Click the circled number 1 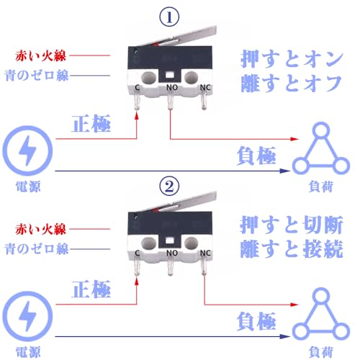169,17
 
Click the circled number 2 169,186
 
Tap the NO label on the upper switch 172,87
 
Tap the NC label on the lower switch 205,253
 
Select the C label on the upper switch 138,87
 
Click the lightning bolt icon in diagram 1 27,150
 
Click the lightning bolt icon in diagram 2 27,316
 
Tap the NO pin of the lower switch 170,267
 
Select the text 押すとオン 292,59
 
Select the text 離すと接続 292,248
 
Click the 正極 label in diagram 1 91,123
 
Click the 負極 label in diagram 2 256,321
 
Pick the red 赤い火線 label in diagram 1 40,55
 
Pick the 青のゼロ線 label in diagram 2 37,248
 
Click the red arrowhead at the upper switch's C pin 137,115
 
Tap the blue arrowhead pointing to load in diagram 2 285,336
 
